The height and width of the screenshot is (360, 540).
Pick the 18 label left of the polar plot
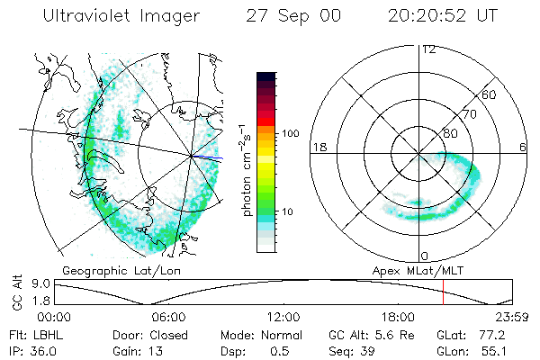click(319, 148)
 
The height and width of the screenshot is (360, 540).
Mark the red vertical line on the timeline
click(443, 292)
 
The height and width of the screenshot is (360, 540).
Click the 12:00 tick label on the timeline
click(283, 317)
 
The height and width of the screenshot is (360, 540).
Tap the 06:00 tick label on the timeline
click(169, 317)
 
